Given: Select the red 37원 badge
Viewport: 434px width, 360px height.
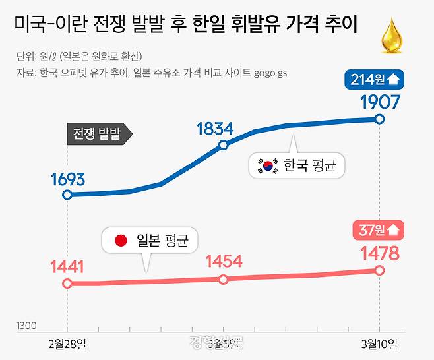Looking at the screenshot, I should point(378,230).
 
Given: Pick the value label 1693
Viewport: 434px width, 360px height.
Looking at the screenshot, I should point(67,179).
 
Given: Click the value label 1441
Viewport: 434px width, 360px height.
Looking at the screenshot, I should point(67,267).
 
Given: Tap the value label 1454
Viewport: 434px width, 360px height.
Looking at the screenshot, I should point(223,261).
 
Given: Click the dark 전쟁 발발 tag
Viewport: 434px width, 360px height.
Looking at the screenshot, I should point(99,134).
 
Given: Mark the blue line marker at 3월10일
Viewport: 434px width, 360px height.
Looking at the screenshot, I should point(379,119).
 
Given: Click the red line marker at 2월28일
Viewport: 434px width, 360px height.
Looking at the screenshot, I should point(67,284).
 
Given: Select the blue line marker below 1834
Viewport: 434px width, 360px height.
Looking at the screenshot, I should point(224,145).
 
